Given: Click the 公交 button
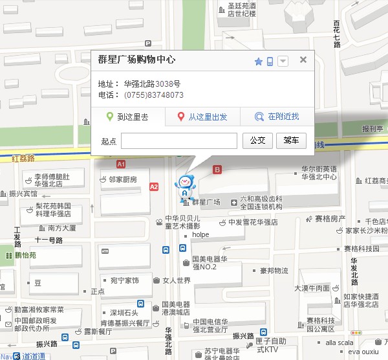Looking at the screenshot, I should click(x=257, y=141).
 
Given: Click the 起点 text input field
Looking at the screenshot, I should click(x=179, y=141).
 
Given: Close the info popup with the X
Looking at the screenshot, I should click(x=303, y=60).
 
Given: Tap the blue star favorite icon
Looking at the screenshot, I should click(x=258, y=62).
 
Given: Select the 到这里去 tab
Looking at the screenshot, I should click(x=127, y=117).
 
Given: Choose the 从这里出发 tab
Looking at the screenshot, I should click(x=202, y=117).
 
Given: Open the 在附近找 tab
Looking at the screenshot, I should click(x=277, y=117).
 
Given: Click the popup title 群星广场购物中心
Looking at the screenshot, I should click(x=136, y=60).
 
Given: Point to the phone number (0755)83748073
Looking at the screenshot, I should click(x=153, y=95).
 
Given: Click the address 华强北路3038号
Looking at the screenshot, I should click(x=152, y=84).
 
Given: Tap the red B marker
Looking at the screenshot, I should click(x=217, y=170).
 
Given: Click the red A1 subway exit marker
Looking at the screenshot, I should click(x=121, y=164).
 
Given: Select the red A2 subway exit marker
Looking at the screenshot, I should click(x=153, y=186).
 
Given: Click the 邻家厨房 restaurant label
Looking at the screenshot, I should click(x=122, y=179).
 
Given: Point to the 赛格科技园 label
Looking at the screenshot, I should click(x=361, y=248).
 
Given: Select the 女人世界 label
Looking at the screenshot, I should click(x=176, y=280).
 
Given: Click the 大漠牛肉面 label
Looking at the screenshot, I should click(x=314, y=288).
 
